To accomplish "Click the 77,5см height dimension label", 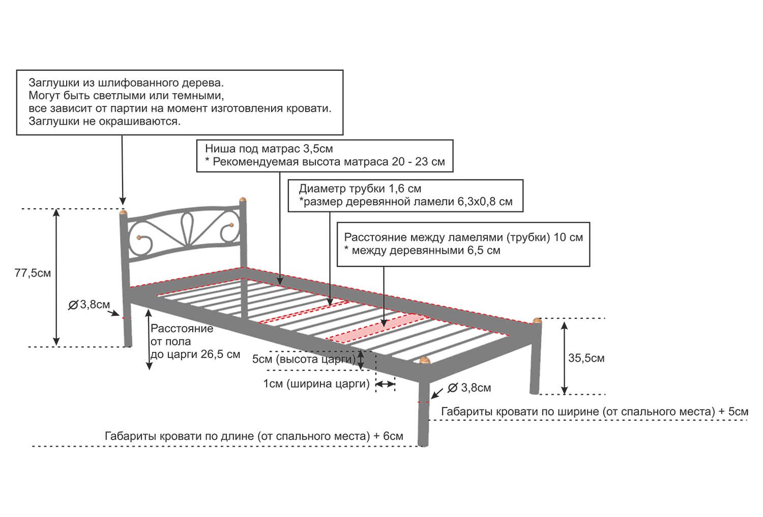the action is pyautogui.click(x=33, y=273).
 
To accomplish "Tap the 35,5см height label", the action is pyautogui.click(x=586, y=358).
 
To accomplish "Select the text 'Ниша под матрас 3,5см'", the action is pyautogui.click(x=269, y=149).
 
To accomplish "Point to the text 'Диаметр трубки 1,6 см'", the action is pyautogui.click(x=360, y=188).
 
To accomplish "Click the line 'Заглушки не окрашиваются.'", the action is pyautogui.click(x=105, y=121).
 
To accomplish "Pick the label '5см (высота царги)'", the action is pyautogui.click(x=304, y=359).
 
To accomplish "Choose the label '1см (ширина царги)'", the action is pyautogui.click(x=316, y=384).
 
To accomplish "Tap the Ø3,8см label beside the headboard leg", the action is pyautogui.click(x=89, y=305).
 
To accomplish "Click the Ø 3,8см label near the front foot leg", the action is pyautogui.click(x=469, y=388).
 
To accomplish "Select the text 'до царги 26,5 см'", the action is pyautogui.click(x=195, y=355).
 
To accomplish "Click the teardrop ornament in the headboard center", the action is pyautogui.click(x=187, y=228).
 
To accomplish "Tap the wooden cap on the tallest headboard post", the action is pyautogui.click(x=243, y=200).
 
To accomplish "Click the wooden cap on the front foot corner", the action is pyautogui.click(x=424, y=360).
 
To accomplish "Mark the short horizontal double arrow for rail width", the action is pyautogui.click(x=385, y=385).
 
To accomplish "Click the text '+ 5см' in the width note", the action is pyautogui.click(x=733, y=412).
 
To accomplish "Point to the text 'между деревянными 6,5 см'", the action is pyautogui.click(x=426, y=251).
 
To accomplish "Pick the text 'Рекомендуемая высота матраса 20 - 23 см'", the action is pyautogui.click(x=329, y=161).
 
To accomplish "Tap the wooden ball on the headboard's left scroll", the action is pyautogui.click(x=139, y=237).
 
